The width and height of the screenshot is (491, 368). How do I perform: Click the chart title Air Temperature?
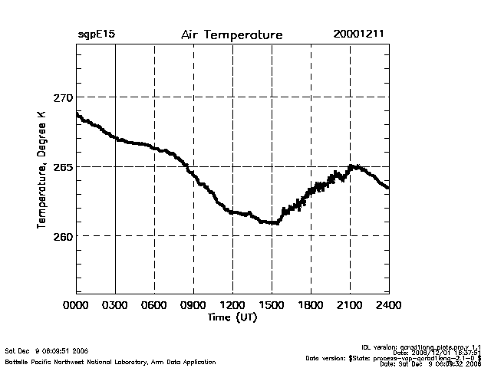tap(232, 35)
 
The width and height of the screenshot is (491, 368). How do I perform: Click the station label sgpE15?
tap(96, 35)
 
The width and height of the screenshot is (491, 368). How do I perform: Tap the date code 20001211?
tap(358, 35)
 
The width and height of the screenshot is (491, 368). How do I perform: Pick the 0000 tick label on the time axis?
tap(76, 305)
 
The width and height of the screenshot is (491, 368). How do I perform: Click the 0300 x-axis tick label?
tap(115, 305)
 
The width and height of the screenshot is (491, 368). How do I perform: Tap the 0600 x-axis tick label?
tap(154, 305)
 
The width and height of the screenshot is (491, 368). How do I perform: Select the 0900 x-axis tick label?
tap(193, 305)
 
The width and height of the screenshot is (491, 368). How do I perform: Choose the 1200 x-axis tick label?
tap(232, 305)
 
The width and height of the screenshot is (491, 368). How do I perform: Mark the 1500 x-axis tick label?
tap(272, 305)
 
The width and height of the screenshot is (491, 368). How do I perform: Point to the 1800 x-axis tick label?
tap(311, 305)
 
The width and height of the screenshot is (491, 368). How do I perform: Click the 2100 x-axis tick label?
tap(350, 305)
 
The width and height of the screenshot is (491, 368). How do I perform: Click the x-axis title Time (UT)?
tap(232, 317)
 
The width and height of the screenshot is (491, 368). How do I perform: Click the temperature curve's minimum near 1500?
tap(273, 222)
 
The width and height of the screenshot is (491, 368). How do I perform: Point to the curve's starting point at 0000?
tap(77, 113)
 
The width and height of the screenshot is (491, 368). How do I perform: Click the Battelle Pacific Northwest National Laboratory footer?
tap(110, 361)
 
